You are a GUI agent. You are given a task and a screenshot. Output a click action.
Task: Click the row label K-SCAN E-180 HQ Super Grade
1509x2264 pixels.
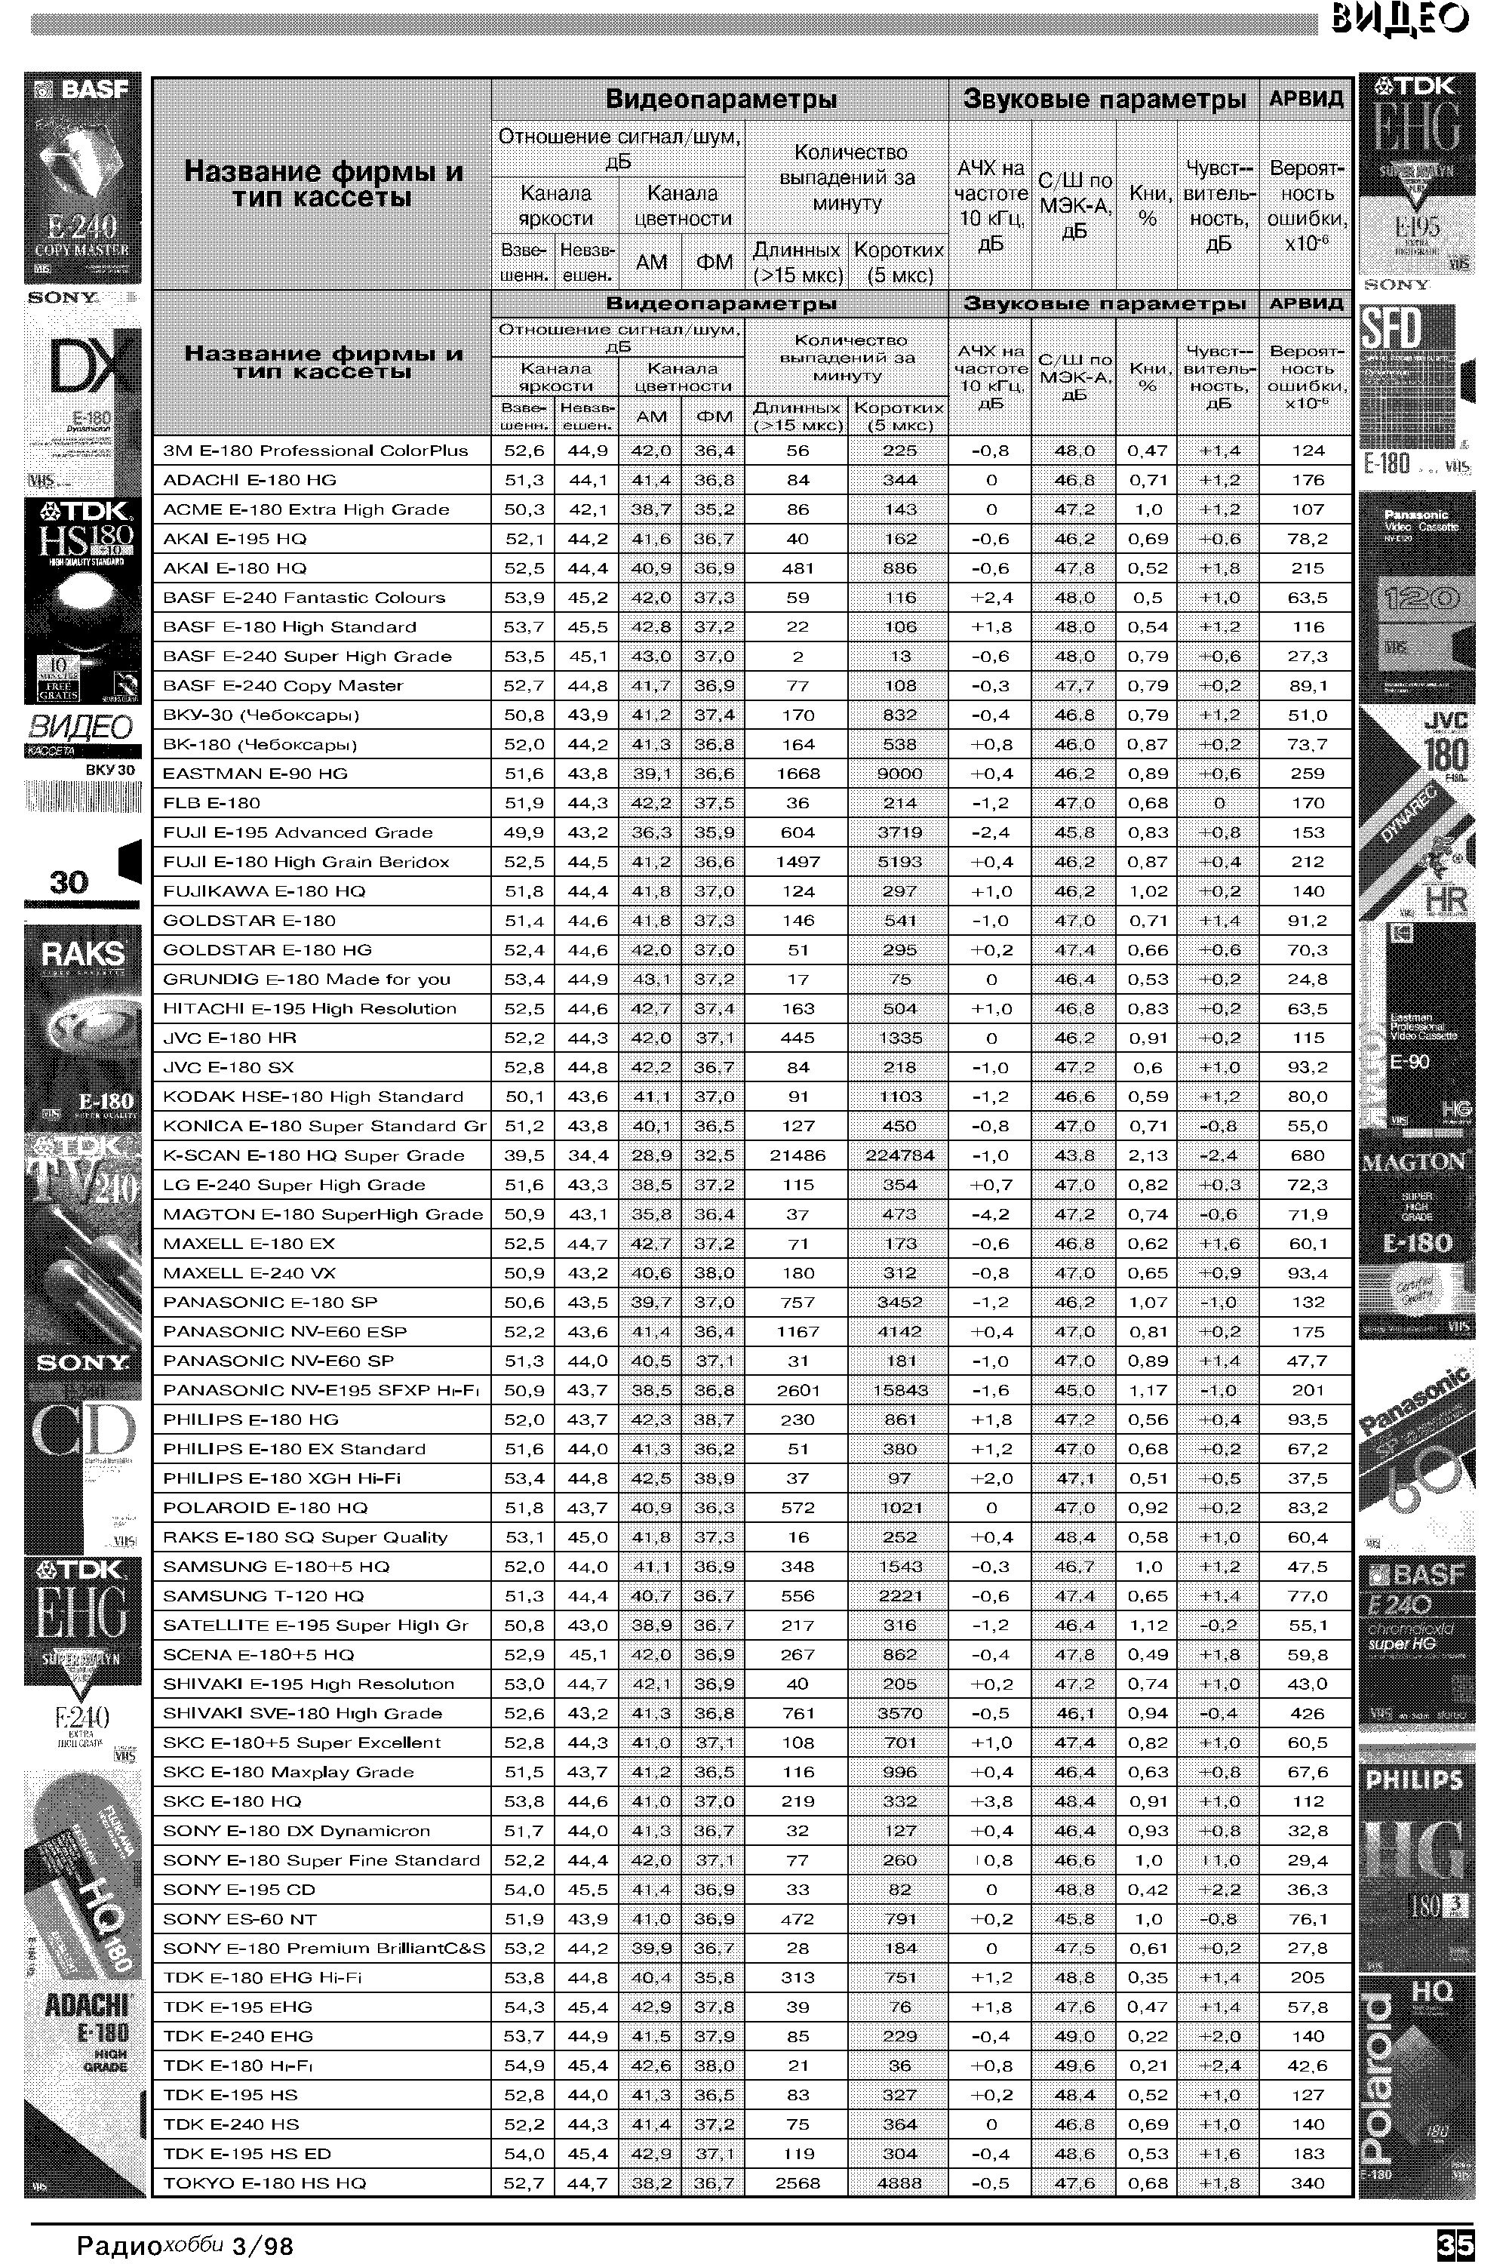314,1155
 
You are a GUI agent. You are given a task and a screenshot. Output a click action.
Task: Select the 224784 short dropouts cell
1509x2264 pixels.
899,1155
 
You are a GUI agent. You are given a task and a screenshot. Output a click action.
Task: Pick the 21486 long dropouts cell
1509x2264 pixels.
797,1155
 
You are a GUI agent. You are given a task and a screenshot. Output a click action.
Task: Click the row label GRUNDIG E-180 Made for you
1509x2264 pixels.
306,979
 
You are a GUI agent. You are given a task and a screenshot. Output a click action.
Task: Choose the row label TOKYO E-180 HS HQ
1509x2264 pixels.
265,2183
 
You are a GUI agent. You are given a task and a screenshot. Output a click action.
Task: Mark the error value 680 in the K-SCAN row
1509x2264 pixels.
1307,1155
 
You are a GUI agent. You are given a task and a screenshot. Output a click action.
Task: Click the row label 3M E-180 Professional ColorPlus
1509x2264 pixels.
315,451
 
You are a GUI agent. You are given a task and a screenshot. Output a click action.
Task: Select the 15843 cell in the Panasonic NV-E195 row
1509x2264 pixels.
899,1390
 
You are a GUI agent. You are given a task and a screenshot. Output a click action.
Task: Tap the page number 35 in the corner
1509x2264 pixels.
1452,2244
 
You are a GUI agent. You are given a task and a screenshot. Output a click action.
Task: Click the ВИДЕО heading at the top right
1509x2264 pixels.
1400,18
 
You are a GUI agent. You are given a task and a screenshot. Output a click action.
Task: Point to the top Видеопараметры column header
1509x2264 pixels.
720,99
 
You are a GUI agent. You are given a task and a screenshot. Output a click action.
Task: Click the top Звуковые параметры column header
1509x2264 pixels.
1104,99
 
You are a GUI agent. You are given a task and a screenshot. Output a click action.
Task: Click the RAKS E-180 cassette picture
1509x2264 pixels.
83,1025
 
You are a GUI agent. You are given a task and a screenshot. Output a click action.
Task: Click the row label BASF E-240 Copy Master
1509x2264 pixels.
283,685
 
